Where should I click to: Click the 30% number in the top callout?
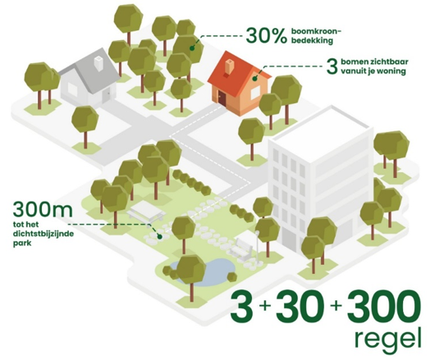click(x=266, y=36)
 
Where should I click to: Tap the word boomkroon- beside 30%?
click(x=316, y=31)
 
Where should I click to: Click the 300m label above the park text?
click(x=43, y=210)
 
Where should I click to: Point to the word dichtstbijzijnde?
click(x=43, y=234)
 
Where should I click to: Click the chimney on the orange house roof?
click(x=230, y=66)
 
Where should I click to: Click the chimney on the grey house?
click(x=98, y=63)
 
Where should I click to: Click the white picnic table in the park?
click(x=146, y=212)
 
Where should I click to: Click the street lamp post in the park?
click(x=258, y=246)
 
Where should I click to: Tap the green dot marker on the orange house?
click(x=254, y=79)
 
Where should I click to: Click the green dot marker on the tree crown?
click(x=191, y=48)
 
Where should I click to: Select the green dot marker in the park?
click(x=159, y=236)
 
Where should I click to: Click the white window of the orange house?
click(x=255, y=93)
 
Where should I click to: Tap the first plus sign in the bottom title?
click(x=264, y=305)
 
